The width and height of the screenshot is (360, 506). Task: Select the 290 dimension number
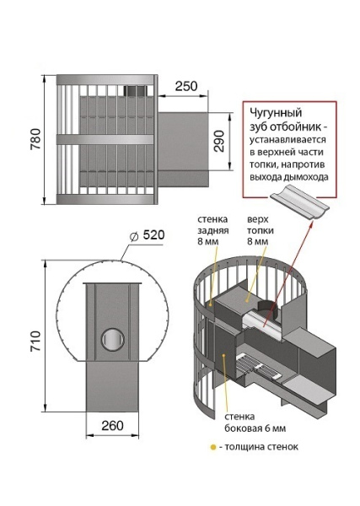point(220,141)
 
